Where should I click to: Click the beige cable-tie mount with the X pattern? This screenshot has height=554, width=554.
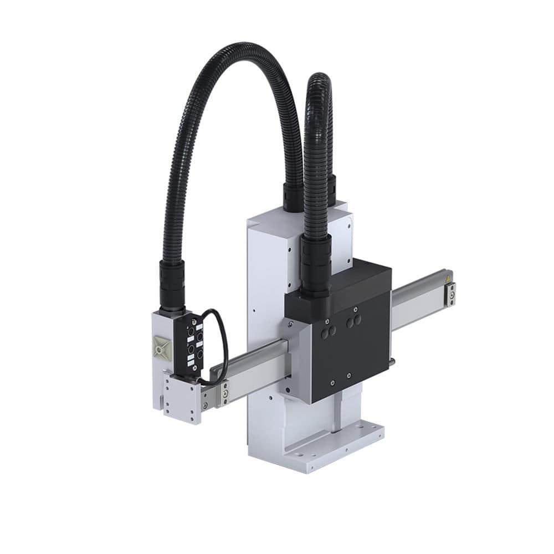click(162, 347)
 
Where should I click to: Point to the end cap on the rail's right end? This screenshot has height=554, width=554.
click(450, 294)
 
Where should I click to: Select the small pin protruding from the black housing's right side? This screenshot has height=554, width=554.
click(392, 362)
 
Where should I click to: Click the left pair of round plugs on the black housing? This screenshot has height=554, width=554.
click(328, 332)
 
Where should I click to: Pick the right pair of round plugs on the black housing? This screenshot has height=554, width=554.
click(353, 320)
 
